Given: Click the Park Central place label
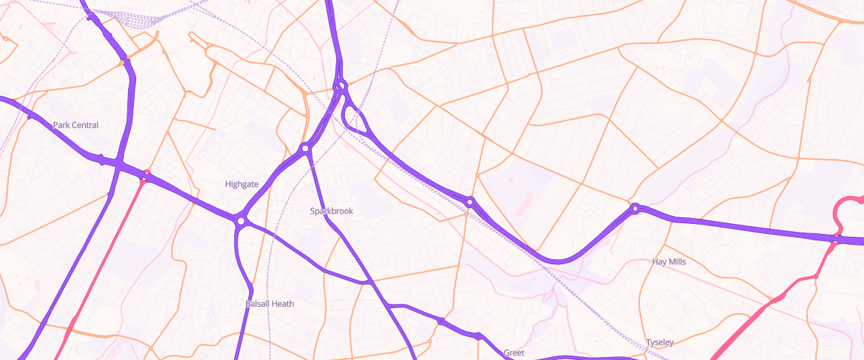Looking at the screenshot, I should [x=76, y=125].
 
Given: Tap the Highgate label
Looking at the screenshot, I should [x=241, y=184].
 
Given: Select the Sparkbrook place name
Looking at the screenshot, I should [x=332, y=211].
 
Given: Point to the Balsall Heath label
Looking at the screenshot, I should [x=269, y=304].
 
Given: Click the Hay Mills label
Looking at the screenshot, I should [x=668, y=261].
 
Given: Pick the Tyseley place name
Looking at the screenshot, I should [x=660, y=342].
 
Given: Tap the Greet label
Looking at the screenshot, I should [x=513, y=353].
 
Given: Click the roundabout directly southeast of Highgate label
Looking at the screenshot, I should [x=240, y=220].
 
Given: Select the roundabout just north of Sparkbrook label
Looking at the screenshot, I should [x=305, y=148].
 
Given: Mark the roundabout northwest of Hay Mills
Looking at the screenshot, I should [x=635, y=209].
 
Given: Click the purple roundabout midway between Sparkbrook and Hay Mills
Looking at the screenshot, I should [x=469, y=202].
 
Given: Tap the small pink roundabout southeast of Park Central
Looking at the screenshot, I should [x=147, y=174].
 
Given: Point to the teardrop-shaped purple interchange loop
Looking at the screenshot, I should [x=357, y=119].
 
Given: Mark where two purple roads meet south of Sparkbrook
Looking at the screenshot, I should [x=369, y=282].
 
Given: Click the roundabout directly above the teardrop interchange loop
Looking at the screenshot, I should [x=341, y=86].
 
